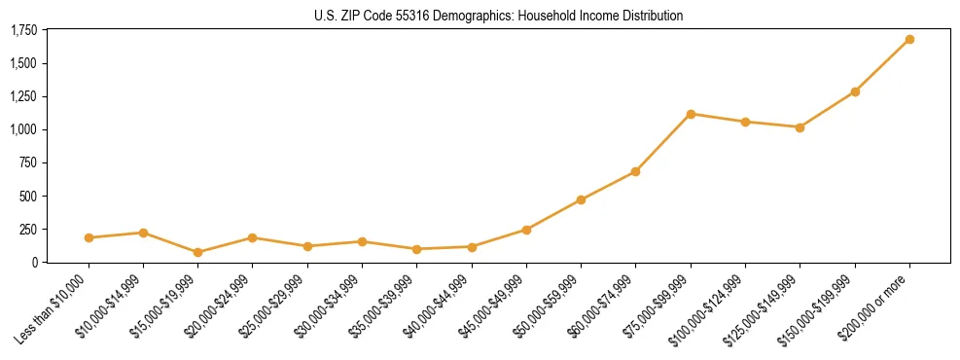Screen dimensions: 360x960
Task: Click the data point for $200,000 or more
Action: point(909,39)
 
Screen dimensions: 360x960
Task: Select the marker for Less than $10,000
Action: point(89,237)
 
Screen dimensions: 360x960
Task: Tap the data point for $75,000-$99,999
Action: point(691,114)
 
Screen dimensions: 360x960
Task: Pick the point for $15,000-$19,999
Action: point(197,252)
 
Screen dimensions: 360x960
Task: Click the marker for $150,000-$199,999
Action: point(855,91)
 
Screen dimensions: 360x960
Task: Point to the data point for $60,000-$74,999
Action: point(635,171)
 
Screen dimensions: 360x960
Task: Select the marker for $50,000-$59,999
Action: point(581,199)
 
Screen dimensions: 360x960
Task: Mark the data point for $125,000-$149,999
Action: point(800,127)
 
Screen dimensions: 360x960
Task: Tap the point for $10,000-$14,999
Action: point(143,233)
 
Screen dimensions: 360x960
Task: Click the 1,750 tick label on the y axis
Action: point(23,30)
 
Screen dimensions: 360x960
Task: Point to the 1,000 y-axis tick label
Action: point(23,129)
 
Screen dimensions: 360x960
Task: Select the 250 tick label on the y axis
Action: point(27,229)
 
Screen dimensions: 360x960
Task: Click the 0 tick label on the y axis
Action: point(33,262)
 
